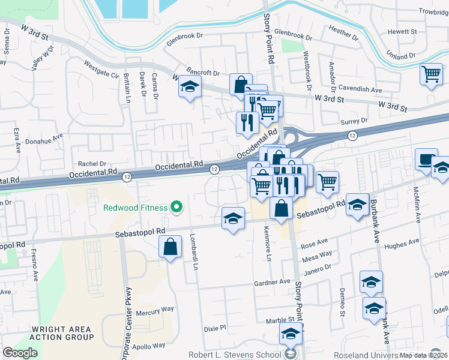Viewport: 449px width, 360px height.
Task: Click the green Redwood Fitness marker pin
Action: tap(176, 208)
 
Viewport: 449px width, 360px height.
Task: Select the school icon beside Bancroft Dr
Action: tap(189, 88)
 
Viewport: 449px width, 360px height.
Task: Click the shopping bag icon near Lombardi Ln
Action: tap(170, 247)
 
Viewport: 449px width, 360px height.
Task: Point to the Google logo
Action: tap(20, 353)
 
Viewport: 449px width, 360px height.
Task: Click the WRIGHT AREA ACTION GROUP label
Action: tap(62, 334)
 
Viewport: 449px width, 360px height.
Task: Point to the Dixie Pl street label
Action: tap(214, 328)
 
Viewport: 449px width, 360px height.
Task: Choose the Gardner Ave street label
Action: tap(272, 282)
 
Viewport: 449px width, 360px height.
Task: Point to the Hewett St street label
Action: tap(402, 31)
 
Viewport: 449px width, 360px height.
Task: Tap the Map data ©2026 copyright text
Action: tap(423, 355)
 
